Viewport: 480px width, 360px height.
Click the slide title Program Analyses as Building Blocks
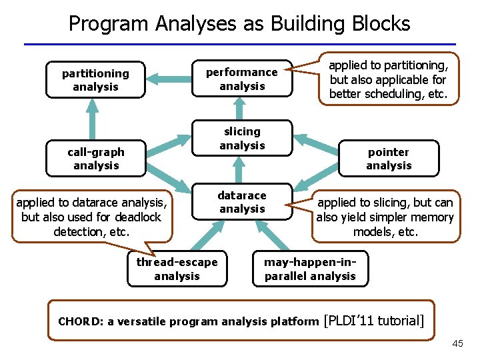click(x=239, y=23)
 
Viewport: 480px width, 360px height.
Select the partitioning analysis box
click(x=95, y=80)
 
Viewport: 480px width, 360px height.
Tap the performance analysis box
click(x=242, y=79)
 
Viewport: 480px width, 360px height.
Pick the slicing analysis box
click(x=242, y=138)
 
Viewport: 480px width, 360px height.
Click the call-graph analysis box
click(x=96, y=159)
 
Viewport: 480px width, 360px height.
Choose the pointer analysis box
click(x=389, y=159)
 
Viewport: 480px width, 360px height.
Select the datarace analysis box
click(x=242, y=202)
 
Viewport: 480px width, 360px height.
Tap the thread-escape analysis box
click(x=177, y=269)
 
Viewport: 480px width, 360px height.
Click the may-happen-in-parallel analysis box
click(x=310, y=269)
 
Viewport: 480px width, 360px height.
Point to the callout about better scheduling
click(x=389, y=79)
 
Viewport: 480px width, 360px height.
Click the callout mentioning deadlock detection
click(x=93, y=217)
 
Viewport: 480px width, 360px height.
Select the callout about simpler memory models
click(x=386, y=217)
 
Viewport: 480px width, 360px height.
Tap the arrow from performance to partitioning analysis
click(x=169, y=79)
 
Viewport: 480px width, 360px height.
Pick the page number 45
click(x=457, y=343)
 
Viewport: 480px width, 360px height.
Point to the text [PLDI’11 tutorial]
click(x=373, y=321)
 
